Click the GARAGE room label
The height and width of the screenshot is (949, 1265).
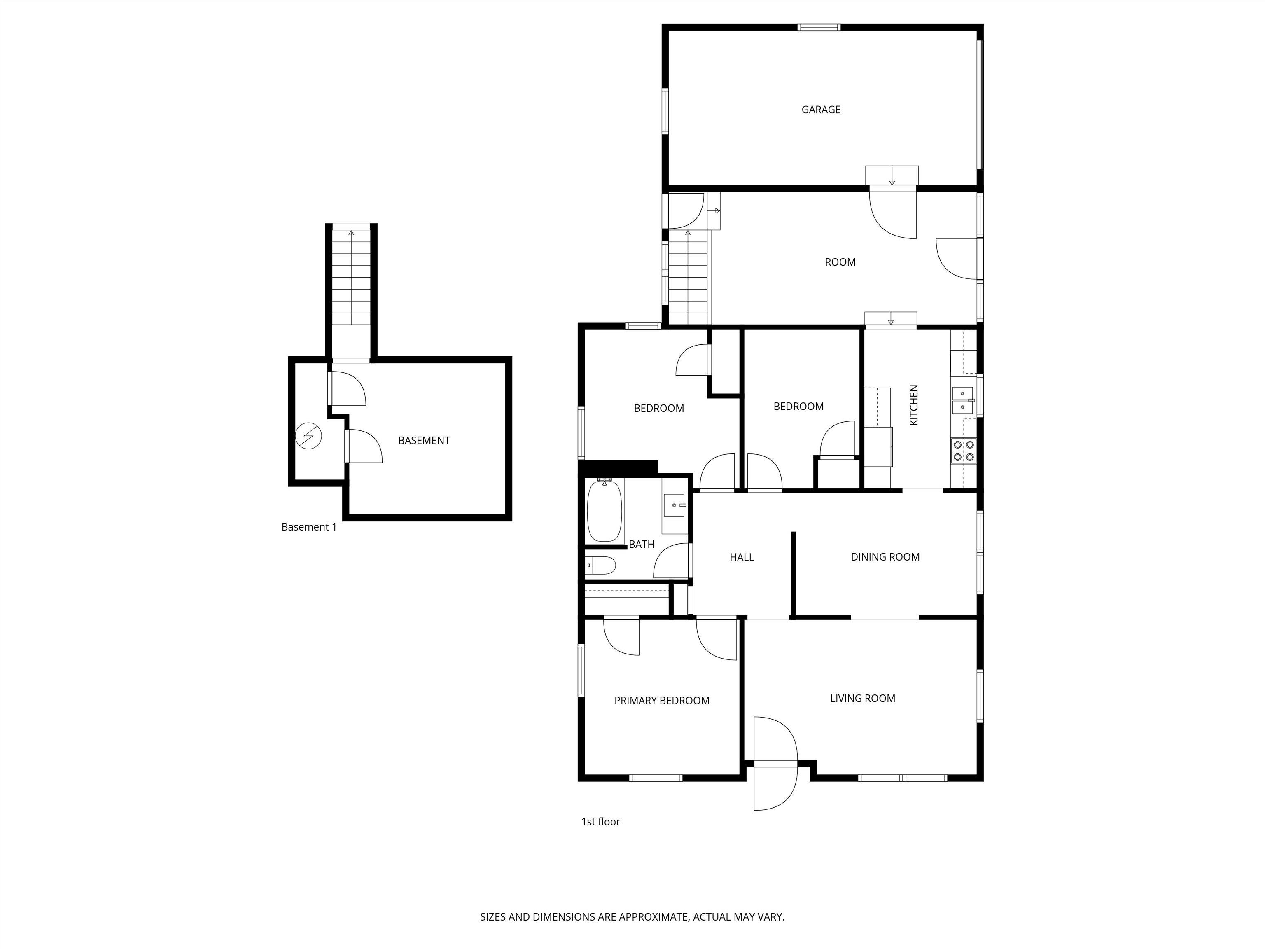click(821, 109)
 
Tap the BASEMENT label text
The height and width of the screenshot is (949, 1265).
click(424, 440)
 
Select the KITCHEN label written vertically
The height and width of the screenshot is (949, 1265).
click(913, 405)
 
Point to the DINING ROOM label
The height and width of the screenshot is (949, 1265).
click(885, 556)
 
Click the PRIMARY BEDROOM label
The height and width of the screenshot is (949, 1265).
click(662, 700)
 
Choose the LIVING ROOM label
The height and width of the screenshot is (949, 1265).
click(862, 698)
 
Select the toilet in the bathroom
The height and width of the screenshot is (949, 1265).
click(600, 566)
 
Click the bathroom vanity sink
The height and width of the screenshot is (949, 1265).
click(675, 505)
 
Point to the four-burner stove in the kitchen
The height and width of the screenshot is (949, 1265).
click(963, 450)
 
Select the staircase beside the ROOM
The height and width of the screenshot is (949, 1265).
click(689, 278)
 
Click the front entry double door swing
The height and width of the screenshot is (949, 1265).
click(775, 763)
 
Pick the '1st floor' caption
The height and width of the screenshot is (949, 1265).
click(600, 821)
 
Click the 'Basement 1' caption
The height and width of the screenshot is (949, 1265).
click(309, 527)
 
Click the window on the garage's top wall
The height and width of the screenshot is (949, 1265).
click(819, 27)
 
